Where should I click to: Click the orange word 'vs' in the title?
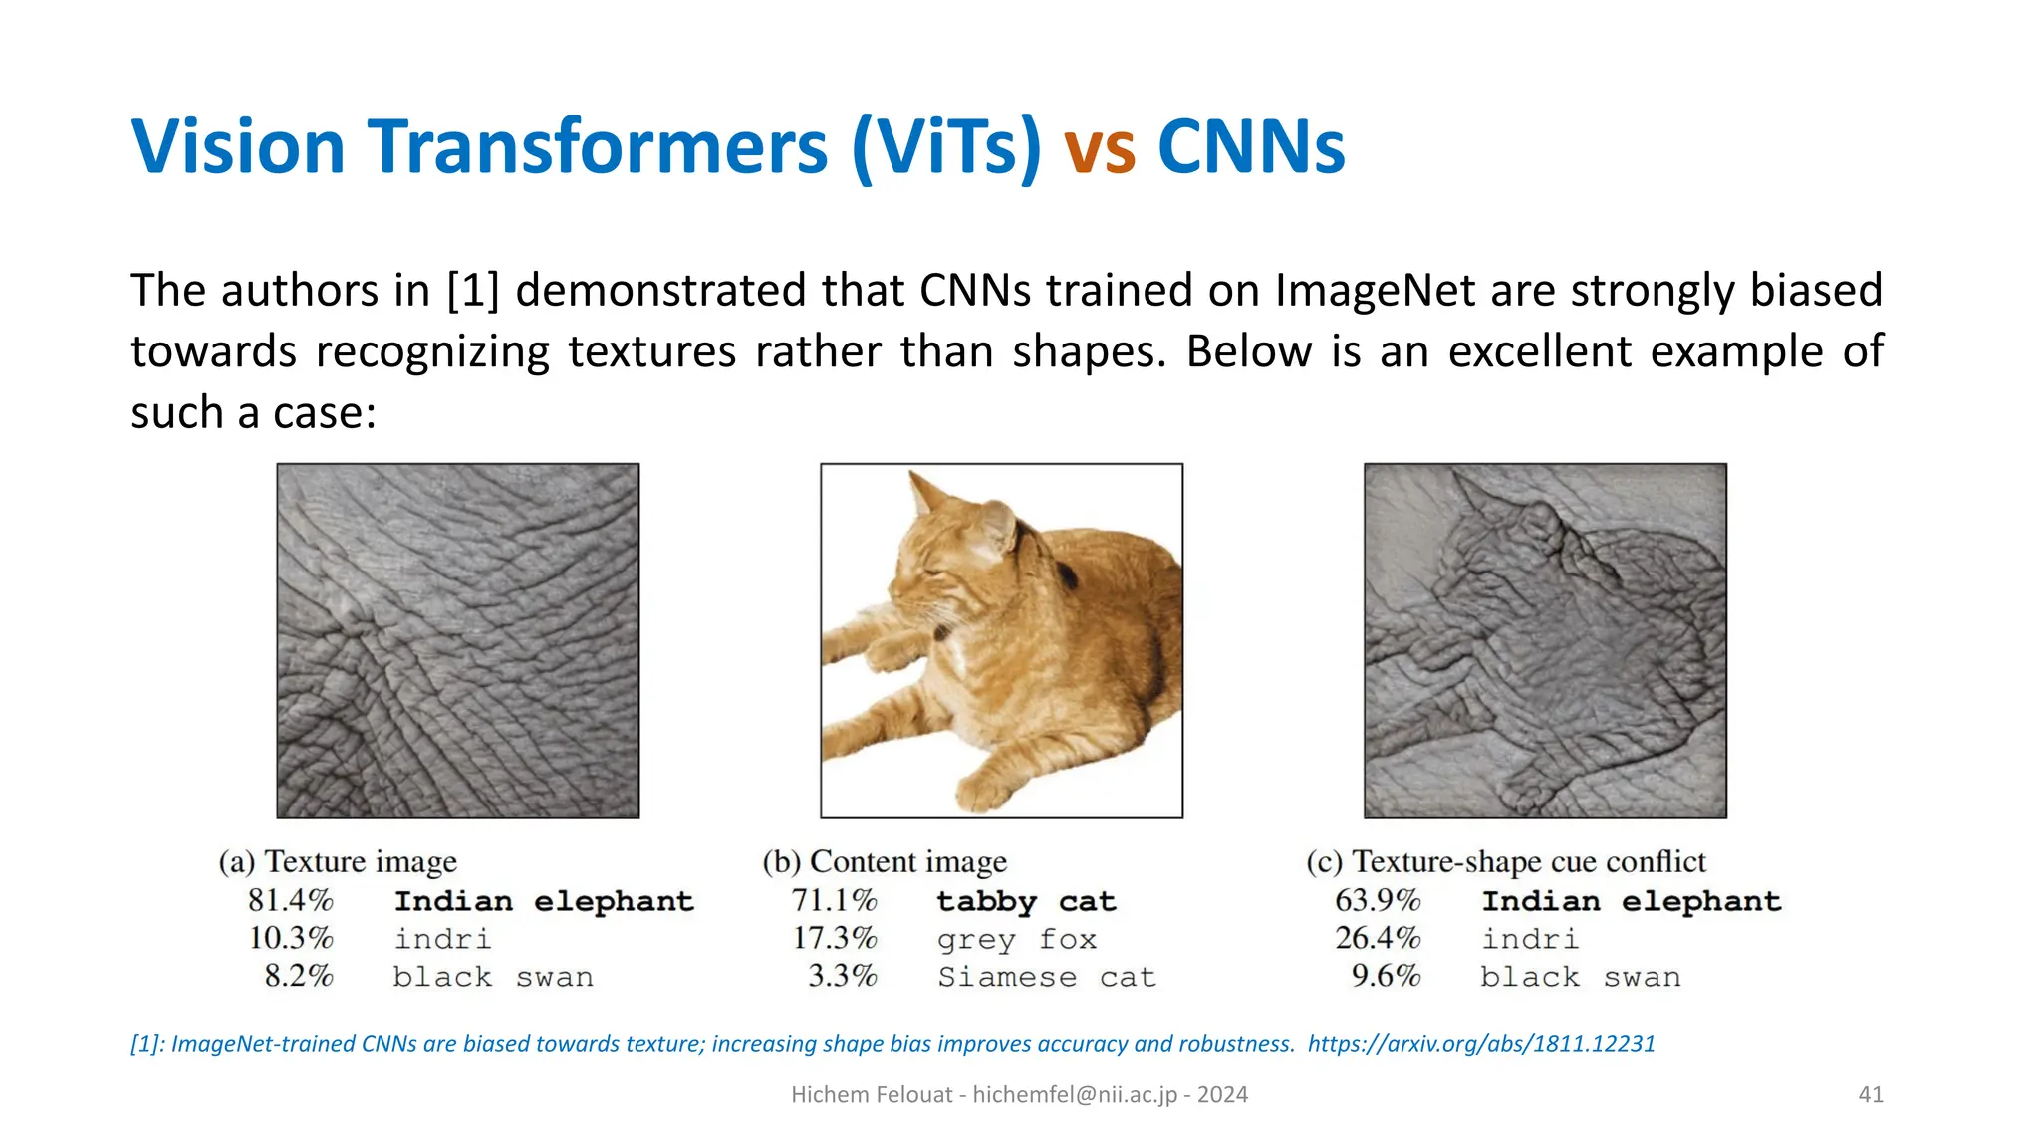tap(1100, 149)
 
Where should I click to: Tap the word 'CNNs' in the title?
tap(1251, 147)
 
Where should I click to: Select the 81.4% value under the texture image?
tap(290, 900)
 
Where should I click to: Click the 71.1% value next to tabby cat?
tap(834, 900)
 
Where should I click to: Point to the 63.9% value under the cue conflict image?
tap(1378, 900)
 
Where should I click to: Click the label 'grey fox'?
tap(1016, 939)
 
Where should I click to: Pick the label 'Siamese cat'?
tap(1046, 977)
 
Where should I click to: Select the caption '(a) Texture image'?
tap(338, 861)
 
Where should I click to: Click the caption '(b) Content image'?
tap(885, 861)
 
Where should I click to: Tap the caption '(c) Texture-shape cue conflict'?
tap(1506, 861)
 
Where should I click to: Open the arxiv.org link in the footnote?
tap(1481, 1043)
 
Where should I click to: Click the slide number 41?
tap(1871, 1094)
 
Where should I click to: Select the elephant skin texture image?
tap(458, 640)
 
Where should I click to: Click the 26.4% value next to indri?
tap(1378, 938)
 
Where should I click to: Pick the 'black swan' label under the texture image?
tap(493, 977)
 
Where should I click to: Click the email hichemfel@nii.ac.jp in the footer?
tap(1075, 1094)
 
